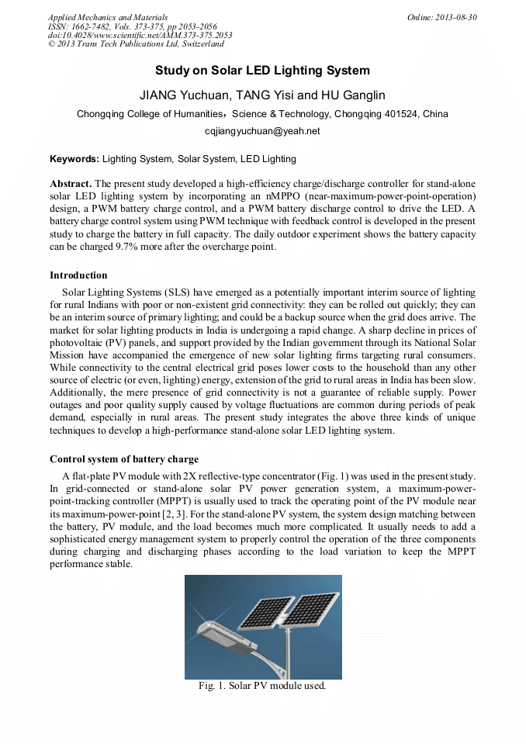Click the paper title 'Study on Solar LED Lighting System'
pyautogui.click(x=262, y=71)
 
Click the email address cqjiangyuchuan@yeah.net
pyautogui.click(x=262, y=131)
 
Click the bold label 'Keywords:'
pyautogui.click(x=74, y=159)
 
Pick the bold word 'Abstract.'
pyautogui.click(x=71, y=184)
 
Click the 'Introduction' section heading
pyautogui.click(x=78, y=275)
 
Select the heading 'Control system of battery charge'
pyautogui.click(x=124, y=459)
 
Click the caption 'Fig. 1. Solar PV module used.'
pyautogui.click(x=262, y=687)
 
